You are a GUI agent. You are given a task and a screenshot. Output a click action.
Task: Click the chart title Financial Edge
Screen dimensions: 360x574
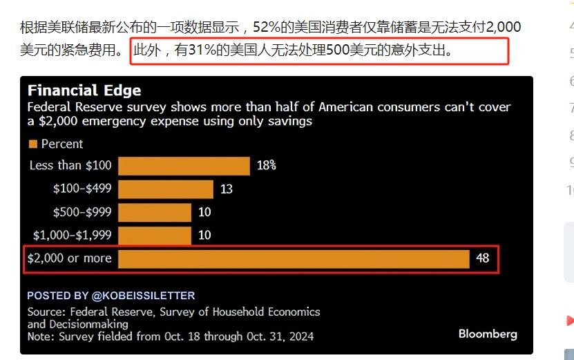(84, 91)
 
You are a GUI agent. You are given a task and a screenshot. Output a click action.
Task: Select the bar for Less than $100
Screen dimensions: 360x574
(184, 166)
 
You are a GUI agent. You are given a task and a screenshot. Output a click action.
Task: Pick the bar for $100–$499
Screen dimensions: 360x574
(165, 189)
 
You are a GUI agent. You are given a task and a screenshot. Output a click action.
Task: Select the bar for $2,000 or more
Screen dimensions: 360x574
(294, 258)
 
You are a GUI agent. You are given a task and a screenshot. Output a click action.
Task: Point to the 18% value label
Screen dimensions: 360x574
(267, 166)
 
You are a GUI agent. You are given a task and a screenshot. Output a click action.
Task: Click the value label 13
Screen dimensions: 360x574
(226, 189)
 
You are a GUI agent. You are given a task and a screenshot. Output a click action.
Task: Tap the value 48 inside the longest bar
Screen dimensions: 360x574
(482, 258)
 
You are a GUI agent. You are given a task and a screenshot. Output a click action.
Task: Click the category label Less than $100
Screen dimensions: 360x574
(70, 166)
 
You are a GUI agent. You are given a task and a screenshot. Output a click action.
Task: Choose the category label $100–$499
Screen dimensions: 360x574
(82, 189)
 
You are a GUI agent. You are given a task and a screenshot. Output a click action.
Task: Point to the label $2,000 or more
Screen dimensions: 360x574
(69, 258)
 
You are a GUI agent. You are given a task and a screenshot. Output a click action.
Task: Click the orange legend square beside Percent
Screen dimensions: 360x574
(32, 144)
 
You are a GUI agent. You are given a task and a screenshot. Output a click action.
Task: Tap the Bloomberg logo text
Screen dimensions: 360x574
(487, 334)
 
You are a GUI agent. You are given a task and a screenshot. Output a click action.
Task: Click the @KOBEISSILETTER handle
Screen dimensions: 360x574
(143, 295)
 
